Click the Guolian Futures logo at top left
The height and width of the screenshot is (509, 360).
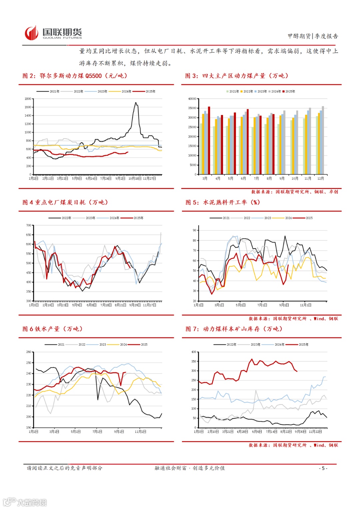tap(53, 33)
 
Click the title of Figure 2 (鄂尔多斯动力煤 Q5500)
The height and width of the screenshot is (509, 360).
tap(75, 76)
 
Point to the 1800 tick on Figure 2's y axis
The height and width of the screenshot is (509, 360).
tap(28, 99)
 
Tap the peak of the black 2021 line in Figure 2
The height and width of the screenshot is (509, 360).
tap(136, 103)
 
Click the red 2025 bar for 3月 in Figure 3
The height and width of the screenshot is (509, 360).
tap(209, 140)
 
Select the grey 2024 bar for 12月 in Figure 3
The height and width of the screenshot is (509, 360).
tap(323, 140)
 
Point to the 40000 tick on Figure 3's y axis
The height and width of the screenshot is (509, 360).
tap(192, 99)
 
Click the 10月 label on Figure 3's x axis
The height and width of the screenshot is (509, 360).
tap(295, 179)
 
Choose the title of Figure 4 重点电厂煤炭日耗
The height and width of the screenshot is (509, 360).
tap(65, 203)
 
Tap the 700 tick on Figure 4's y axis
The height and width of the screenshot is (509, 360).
tap(29, 226)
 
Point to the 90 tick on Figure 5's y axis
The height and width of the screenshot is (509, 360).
tap(195, 230)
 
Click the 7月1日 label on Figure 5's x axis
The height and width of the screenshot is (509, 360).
tap(262, 305)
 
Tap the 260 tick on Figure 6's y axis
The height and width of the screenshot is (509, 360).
tap(29, 352)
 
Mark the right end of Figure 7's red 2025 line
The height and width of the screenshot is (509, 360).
tap(297, 371)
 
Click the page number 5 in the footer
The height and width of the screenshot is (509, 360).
tap(323, 468)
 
